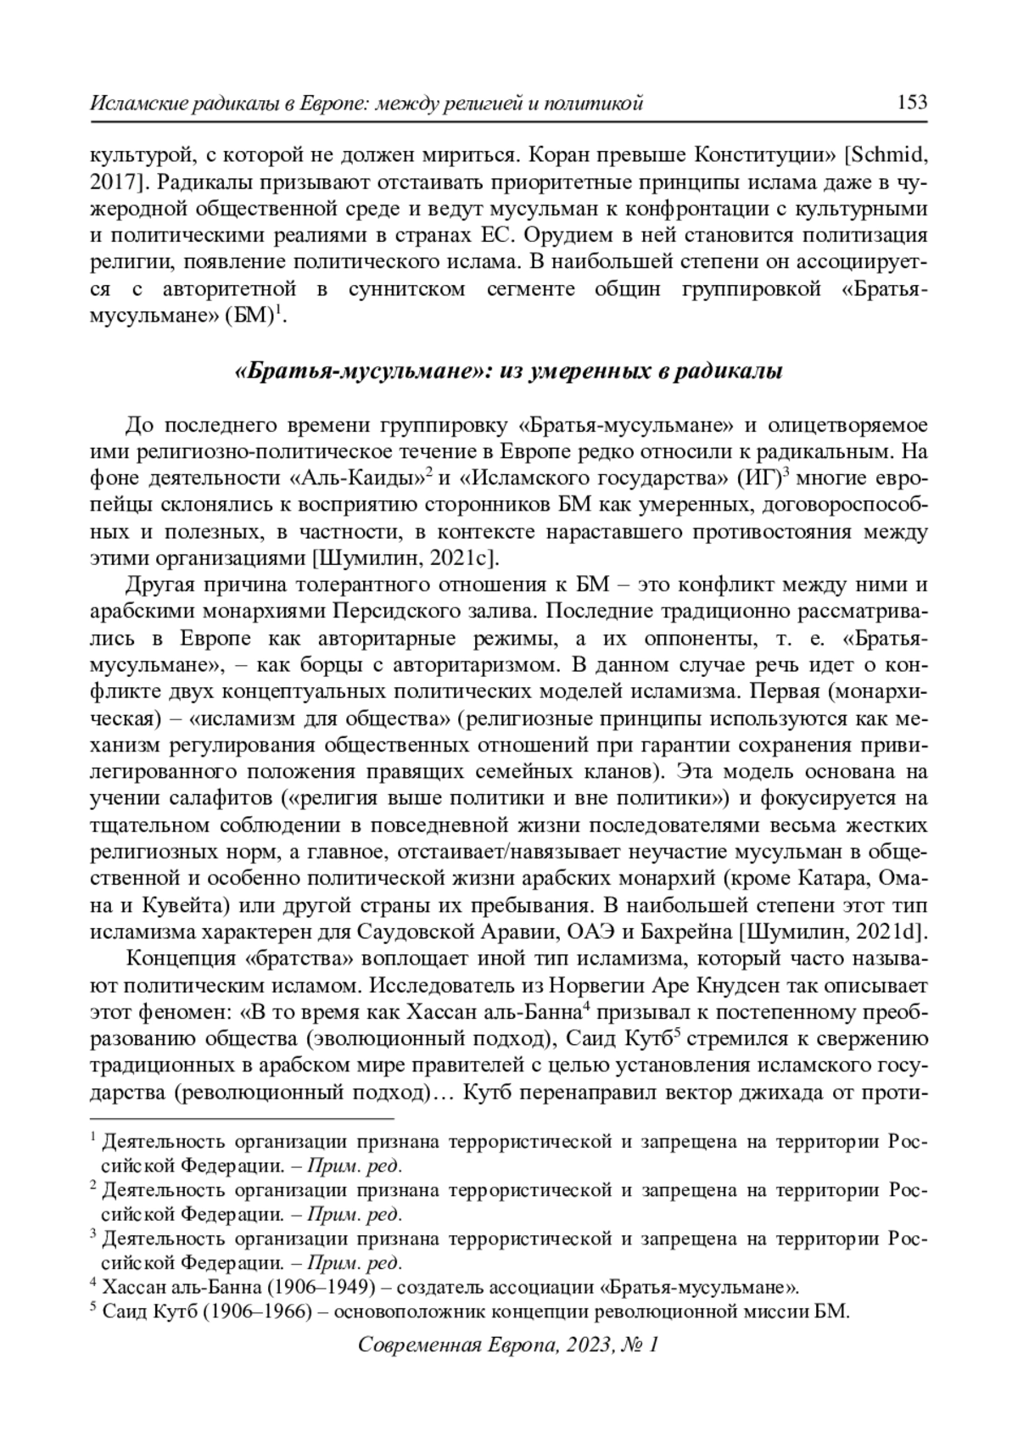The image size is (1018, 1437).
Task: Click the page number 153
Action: [x=911, y=103]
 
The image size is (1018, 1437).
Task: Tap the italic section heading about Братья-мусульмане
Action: [x=507, y=372]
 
